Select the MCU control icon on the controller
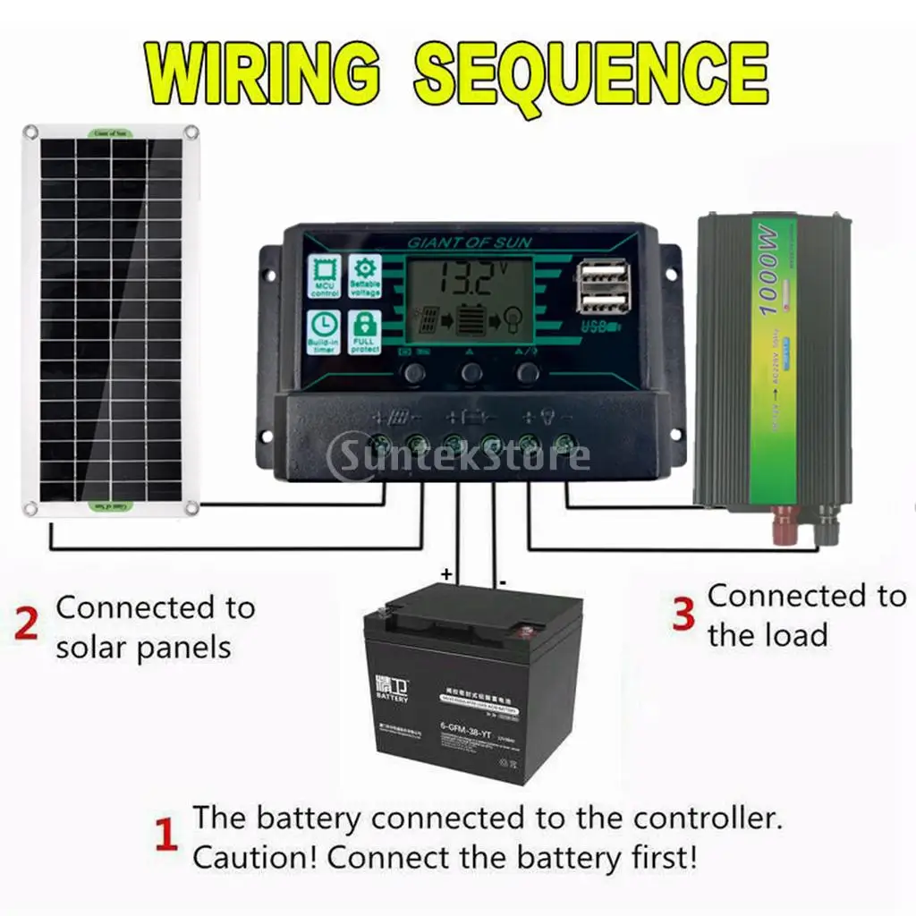(323, 276)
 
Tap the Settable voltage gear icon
(365, 276)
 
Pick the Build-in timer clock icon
(323, 331)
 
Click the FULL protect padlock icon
(365, 331)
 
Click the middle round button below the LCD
(471, 373)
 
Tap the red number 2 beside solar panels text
(27, 624)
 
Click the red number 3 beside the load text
(683, 614)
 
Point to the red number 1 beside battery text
(166, 837)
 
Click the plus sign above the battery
(446, 573)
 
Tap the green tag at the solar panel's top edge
(110, 132)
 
